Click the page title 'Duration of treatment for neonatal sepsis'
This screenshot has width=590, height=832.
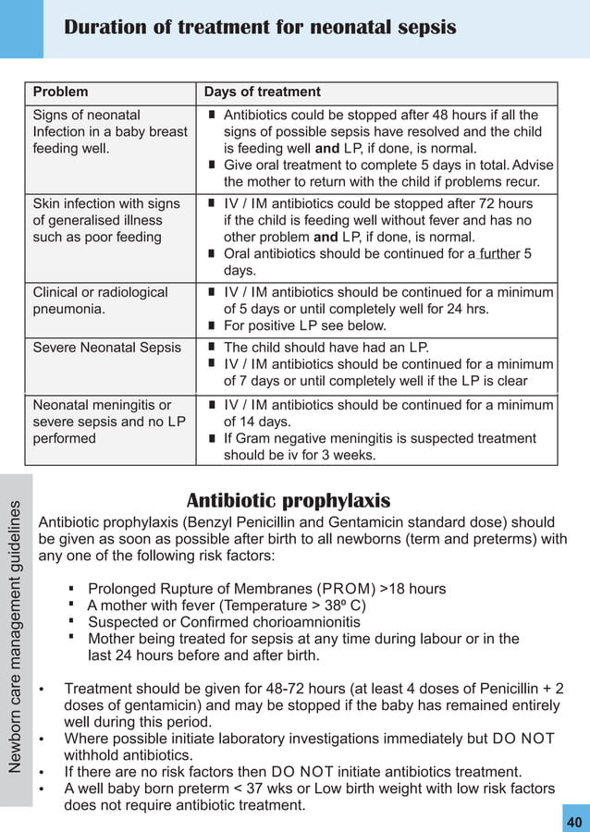[x=260, y=28]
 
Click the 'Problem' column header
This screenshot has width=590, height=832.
[x=61, y=92]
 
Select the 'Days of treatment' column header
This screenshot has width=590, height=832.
[x=262, y=92]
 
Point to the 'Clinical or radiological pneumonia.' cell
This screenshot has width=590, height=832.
[x=100, y=300]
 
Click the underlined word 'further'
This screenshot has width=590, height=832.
[x=498, y=254]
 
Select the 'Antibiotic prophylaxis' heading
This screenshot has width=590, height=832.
[x=289, y=501]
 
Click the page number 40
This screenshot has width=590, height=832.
[x=574, y=822]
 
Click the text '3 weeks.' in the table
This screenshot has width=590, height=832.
[x=348, y=455]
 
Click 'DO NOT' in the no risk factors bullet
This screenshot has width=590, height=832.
[x=296, y=772]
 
